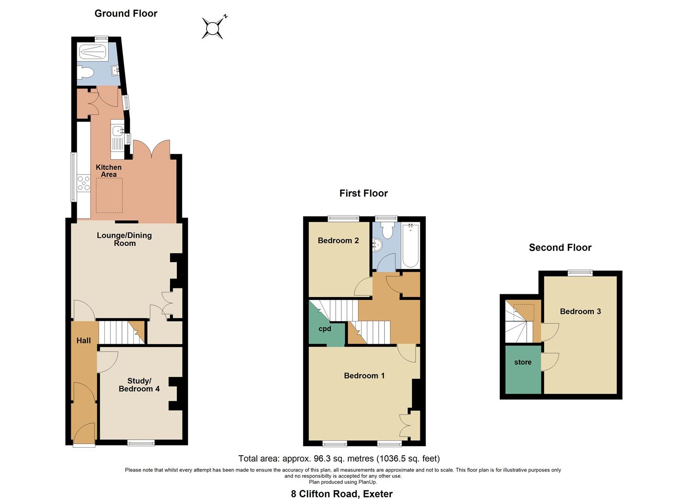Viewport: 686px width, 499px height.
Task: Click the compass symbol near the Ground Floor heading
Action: [212, 29]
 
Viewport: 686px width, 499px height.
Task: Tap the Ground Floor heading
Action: [126, 13]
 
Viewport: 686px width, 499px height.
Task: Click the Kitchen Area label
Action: [109, 170]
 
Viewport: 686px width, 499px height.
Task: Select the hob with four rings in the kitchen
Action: [84, 183]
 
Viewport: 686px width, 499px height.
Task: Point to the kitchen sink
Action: [116, 131]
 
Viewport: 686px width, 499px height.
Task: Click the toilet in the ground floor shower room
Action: [86, 72]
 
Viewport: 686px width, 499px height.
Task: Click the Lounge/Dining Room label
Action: [124, 239]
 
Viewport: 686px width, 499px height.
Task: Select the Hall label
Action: [84, 341]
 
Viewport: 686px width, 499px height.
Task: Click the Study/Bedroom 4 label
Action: [139, 384]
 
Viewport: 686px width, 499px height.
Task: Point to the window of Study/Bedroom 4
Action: [141, 443]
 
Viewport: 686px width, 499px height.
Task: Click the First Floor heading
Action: [364, 193]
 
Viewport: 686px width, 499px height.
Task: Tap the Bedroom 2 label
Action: [338, 240]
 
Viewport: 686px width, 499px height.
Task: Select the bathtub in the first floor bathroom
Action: [410, 246]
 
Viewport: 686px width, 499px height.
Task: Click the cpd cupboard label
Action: [325, 329]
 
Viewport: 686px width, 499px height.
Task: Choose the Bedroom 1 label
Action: [364, 376]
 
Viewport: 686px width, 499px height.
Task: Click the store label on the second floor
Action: [522, 362]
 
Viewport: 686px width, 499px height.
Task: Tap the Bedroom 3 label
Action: [580, 311]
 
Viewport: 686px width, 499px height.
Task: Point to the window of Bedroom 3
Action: [580, 273]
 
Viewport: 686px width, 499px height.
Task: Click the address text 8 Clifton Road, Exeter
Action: [341, 493]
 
